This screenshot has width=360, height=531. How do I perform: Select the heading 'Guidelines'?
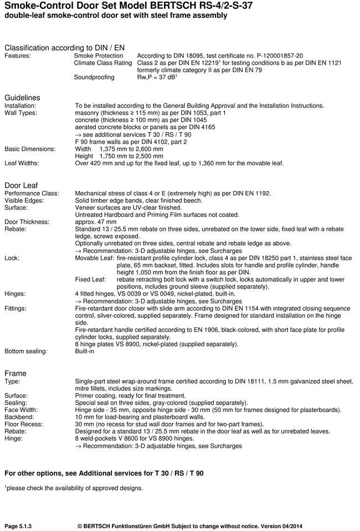[22, 97]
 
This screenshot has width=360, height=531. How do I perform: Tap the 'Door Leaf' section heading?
[21, 185]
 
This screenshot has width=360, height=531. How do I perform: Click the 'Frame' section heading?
[16, 373]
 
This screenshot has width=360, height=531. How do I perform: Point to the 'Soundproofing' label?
[94, 78]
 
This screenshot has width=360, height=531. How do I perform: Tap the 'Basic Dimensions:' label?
[30, 149]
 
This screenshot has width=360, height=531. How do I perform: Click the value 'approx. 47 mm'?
[95, 222]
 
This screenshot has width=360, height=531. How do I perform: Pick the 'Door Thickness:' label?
[27, 222]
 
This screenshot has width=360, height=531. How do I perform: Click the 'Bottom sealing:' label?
[26, 351]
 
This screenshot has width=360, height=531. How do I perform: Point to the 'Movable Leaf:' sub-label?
[95, 258]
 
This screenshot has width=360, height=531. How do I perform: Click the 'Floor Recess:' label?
[23, 424]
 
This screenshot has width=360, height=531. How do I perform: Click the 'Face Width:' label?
[21, 410]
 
